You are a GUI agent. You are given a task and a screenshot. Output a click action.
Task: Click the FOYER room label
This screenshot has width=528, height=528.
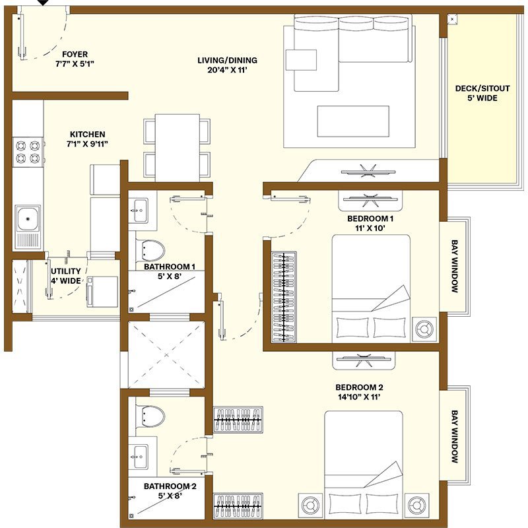click(75, 54)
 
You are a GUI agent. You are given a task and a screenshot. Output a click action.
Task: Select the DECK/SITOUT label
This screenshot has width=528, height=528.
click(476, 88)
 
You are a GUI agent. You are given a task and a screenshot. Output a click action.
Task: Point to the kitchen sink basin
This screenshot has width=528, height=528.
click(28, 216)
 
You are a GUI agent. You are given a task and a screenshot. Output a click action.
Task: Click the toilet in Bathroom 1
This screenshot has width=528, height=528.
click(152, 249)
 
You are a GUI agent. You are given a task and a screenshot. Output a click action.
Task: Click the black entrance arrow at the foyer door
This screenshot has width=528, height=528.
click(43, 3)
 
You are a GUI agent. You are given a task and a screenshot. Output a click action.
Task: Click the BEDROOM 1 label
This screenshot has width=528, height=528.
click(370, 218)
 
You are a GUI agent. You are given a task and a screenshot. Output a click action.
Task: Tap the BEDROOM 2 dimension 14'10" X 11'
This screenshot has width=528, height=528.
click(358, 397)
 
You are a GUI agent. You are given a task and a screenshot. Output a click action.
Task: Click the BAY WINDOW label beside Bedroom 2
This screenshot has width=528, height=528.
click(455, 436)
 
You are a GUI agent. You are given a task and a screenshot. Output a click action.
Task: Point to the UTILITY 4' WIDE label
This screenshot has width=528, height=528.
click(66, 275)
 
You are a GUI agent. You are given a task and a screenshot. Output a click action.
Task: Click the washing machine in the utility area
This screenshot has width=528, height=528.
click(102, 291)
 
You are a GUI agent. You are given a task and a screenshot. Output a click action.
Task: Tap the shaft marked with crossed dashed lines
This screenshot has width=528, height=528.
click(167, 355)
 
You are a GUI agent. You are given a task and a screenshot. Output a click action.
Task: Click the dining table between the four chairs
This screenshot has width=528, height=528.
click(177, 147)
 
